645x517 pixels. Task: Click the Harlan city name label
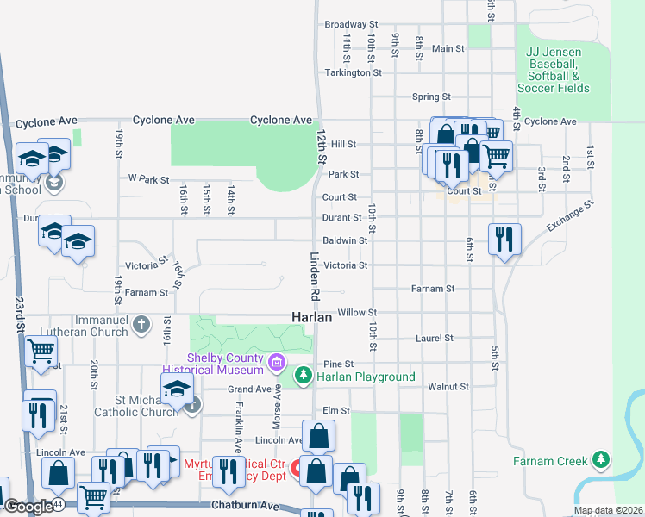(x=311, y=317)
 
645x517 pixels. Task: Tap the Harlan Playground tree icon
(x=303, y=376)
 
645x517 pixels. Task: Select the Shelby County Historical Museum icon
(x=276, y=362)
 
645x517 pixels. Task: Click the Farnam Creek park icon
(x=602, y=460)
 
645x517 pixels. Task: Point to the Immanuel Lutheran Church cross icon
(x=142, y=325)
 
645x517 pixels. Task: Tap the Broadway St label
(x=351, y=25)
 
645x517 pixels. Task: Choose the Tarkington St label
(x=353, y=73)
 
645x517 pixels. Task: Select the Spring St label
(x=431, y=97)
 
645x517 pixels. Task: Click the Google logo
(x=28, y=507)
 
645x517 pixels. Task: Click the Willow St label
(x=357, y=313)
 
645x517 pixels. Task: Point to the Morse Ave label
(x=278, y=404)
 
